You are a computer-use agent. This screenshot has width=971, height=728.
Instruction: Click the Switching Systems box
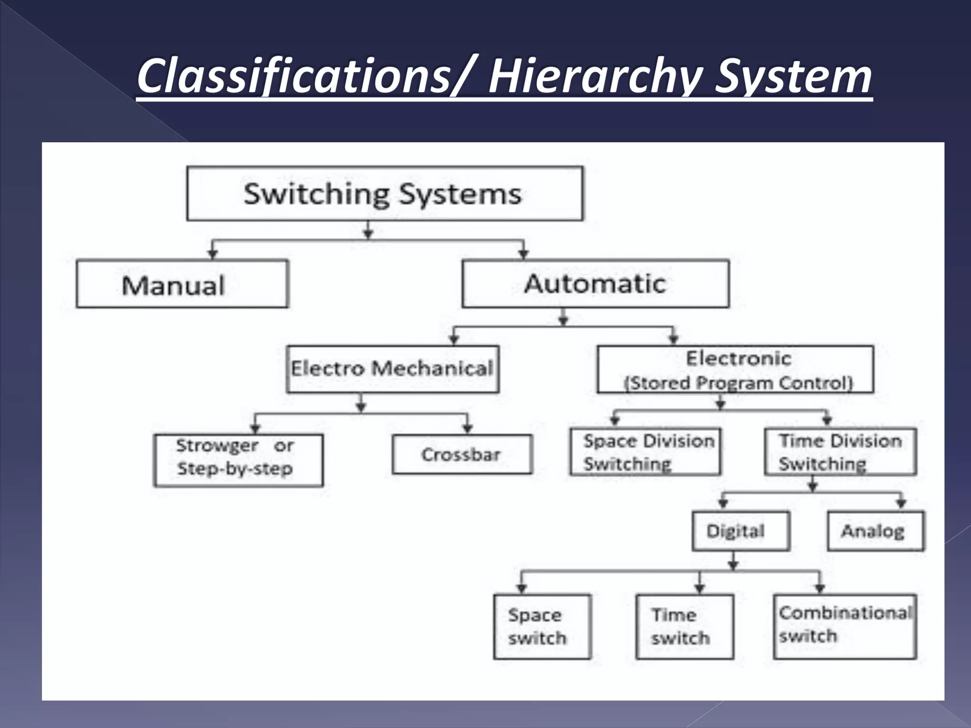tap(385, 193)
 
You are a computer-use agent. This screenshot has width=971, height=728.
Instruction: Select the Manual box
tap(182, 284)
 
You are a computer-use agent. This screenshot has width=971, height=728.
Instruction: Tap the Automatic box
tap(595, 283)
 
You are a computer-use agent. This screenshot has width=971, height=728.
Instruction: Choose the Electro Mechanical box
tap(393, 369)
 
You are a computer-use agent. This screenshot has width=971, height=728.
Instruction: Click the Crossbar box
tap(462, 455)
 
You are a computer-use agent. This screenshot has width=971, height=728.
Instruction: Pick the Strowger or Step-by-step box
tap(238, 460)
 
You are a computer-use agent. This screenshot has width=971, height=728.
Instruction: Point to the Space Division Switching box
tap(645, 452)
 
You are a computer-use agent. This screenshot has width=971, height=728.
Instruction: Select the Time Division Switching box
tap(840, 452)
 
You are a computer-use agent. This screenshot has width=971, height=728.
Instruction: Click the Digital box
tap(741, 531)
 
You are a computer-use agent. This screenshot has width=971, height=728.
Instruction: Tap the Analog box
tap(875, 531)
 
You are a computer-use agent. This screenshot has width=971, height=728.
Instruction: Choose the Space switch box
tap(542, 627)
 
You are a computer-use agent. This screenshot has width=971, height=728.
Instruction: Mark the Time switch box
tap(685, 627)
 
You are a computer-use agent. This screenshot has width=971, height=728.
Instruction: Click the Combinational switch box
tap(844, 627)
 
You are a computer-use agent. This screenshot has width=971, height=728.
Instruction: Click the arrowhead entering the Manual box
tap(213, 255)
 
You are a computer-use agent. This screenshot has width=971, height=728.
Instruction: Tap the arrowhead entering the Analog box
tap(901, 505)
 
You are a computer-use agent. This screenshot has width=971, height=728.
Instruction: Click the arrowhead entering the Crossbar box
tap(467, 429)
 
